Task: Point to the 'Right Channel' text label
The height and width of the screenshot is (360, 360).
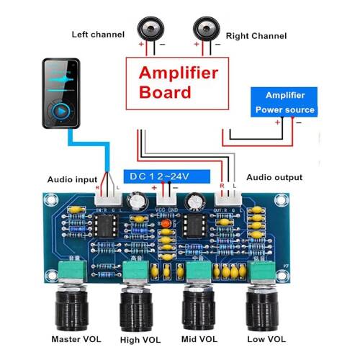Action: (256, 35)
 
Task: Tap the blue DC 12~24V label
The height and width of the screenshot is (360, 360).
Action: (166, 176)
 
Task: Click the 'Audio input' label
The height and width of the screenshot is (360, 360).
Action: (73, 179)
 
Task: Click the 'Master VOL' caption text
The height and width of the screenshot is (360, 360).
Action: (75, 338)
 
